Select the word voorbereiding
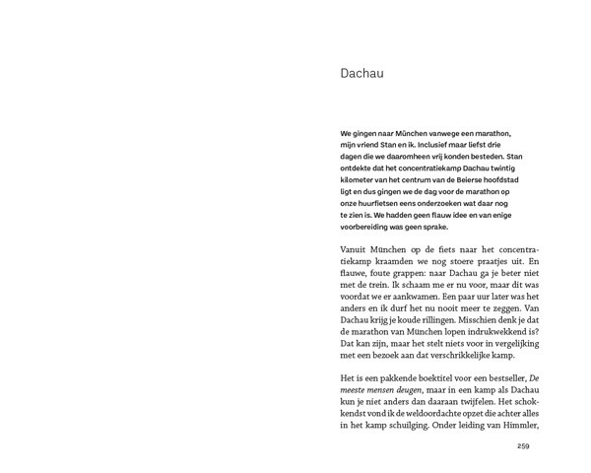(341, 227)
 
